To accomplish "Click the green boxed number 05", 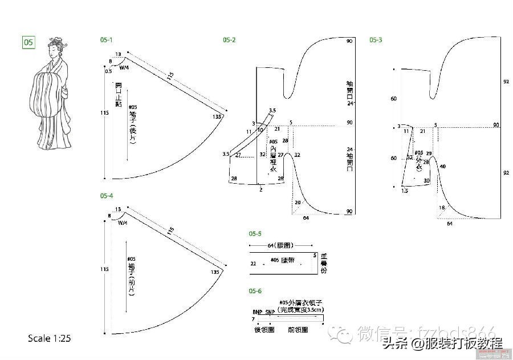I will pos(28,42).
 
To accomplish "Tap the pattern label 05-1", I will pos(106,40).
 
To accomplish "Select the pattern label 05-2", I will pos(229,40).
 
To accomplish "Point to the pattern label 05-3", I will pos(376,40).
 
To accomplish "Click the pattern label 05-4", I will pos(107,196).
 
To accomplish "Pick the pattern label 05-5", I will pos(255,234).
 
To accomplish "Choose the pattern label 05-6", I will pos(255,292).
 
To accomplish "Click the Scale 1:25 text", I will pos(49,338).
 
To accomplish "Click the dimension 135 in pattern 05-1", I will pos(216,116).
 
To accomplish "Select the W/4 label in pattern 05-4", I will pos(123,223).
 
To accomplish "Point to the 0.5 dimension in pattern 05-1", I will pos(108,71).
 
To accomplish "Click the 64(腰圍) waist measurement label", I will pos(280,245).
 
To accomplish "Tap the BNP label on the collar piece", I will pos(256,312).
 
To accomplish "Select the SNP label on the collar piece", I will pos(270,312).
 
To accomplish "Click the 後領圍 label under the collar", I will pos(264,330).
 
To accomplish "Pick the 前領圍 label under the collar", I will pos(299,330).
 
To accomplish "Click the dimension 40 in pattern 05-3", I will pos(442,167).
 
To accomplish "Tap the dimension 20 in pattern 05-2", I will pos(297,203).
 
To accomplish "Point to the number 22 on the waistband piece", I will pos(253,264).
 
